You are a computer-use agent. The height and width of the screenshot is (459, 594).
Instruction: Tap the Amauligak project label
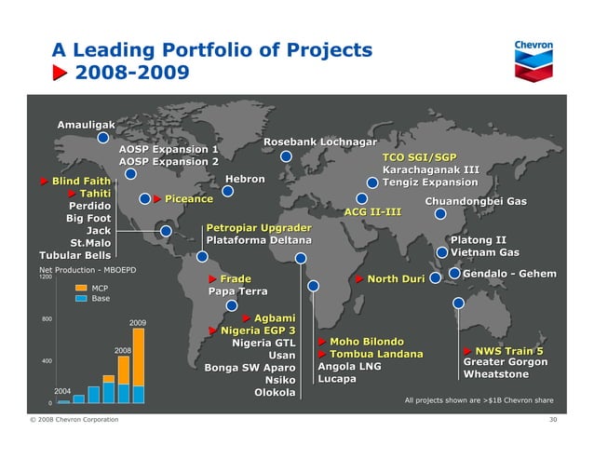[x=87, y=125]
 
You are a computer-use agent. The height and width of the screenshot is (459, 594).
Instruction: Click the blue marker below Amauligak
[x=103, y=139]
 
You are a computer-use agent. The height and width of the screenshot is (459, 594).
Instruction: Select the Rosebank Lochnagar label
[x=320, y=142]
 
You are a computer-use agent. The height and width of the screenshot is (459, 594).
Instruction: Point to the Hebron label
[x=245, y=179]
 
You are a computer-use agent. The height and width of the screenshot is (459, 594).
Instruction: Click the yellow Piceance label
[x=189, y=199]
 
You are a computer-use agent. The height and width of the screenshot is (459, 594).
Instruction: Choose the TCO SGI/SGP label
[x=420, y=157]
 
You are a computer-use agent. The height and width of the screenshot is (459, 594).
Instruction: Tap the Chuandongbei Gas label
[x=475, y=201]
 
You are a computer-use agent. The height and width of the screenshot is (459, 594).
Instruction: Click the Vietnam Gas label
[x=484, y=252]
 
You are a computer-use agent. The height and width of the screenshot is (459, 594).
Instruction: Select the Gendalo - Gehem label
[x=509, y=273]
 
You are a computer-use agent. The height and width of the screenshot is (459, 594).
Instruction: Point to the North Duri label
[x=397, y=278]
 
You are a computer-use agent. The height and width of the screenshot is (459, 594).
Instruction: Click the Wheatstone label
[x=495, y=374]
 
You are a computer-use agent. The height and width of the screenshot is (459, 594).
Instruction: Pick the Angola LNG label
[x=349, y=367]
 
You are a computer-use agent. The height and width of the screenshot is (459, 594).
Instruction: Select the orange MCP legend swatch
[x=81, y=289]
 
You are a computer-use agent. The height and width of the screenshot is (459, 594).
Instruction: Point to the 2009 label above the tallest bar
[x=138, y=322]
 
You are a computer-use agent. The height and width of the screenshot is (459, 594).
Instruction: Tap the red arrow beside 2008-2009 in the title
[x=59, y=72]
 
